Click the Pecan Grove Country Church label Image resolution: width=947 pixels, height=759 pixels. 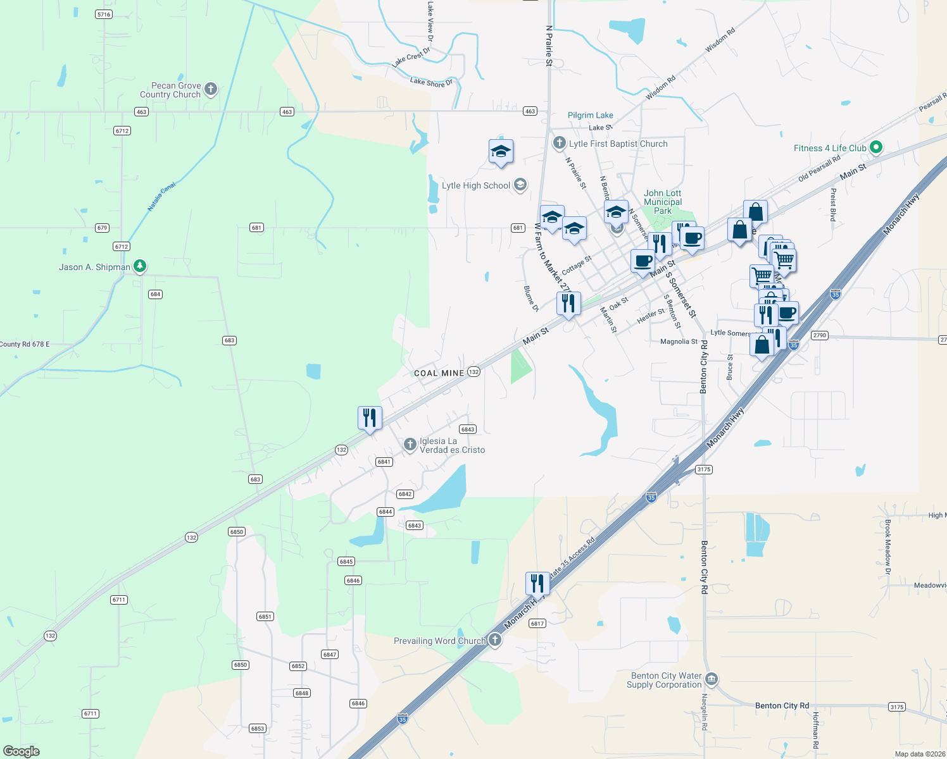tap(170, 90)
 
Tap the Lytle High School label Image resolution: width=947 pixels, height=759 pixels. tap(475, 185)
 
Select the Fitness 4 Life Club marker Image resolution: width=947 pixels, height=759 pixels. tap(876, 148)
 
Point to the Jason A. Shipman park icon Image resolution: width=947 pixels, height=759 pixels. tap(140, 266)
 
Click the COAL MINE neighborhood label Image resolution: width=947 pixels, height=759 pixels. tap(439, 373)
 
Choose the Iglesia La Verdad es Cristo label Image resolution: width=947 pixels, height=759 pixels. tap(452, 446)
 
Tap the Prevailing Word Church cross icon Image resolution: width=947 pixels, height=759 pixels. tap(495, 640)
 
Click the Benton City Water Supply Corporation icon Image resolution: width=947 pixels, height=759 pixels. tap(711, 679)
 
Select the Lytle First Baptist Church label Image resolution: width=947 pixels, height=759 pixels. tap(618, 144)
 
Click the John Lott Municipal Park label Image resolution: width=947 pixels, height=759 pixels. tap(663, 202)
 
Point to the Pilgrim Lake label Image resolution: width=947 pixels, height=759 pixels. tap(590, 115)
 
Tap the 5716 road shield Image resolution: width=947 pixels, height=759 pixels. tap(104, 14)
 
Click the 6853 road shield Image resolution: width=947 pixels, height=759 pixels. tap(257, 729)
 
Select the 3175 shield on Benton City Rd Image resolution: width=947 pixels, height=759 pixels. tap(896, 707)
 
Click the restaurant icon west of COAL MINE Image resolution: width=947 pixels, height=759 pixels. tap(370, 417)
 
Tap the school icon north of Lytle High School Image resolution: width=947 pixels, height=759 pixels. tap(501, 151)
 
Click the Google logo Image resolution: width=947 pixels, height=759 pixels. tap(22, 751)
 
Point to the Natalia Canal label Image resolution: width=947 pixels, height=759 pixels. tap(161, 197)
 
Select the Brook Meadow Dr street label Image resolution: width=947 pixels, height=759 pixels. tap(887, 547)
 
